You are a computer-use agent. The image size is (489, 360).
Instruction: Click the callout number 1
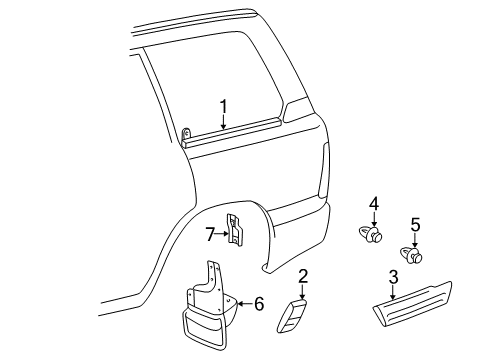click(224, 106)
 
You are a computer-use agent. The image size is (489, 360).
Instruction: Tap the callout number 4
click(373, 205)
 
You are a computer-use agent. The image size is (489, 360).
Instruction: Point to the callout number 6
click(258, 304)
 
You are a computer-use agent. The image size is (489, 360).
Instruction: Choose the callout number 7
click(211, 235)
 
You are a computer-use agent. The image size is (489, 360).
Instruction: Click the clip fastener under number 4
click(371, 236)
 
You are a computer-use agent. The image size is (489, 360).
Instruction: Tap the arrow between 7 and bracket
click(223, 235)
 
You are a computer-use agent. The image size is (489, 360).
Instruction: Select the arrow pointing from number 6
click(245, 304)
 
